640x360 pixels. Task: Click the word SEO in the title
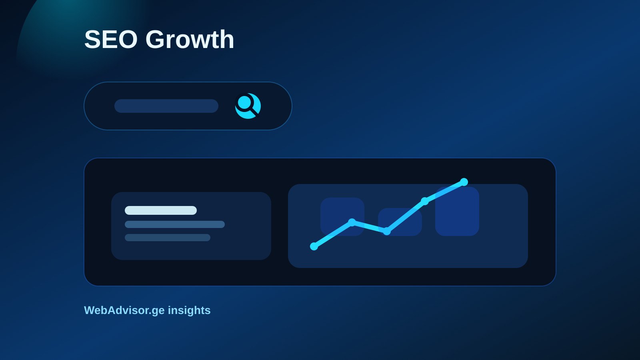[x=111, y=40]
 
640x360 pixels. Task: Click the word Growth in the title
[x=190, y=39]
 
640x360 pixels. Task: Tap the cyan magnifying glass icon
[x=248, y=106]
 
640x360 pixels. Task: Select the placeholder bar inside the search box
[x=166, y=106]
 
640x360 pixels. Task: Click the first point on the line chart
[x=314, y=246]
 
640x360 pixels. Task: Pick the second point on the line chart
[x=352, y=222]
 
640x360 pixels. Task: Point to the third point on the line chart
[x=386, y=231]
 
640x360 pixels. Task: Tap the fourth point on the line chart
[x=425, y=201]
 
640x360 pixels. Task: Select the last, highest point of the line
[x=464, y=182]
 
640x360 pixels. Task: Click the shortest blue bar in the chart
[x=400, y=222]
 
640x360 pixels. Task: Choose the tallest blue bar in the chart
[x=457, y=212]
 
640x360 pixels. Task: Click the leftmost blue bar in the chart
[x=342, y=216]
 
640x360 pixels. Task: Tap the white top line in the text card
[x=161, y=210]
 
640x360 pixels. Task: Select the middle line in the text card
[x=175, y=224]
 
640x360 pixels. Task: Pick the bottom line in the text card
[x=168, y=238]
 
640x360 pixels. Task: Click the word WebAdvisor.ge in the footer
[x=124, y=310]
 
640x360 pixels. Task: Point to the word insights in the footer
[x=189, y=310]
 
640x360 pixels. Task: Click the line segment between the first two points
[x=333, y=234]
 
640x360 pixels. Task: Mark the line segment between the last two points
[x=444, y=192]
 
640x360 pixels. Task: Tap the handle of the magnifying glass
[x=254, y=112]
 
